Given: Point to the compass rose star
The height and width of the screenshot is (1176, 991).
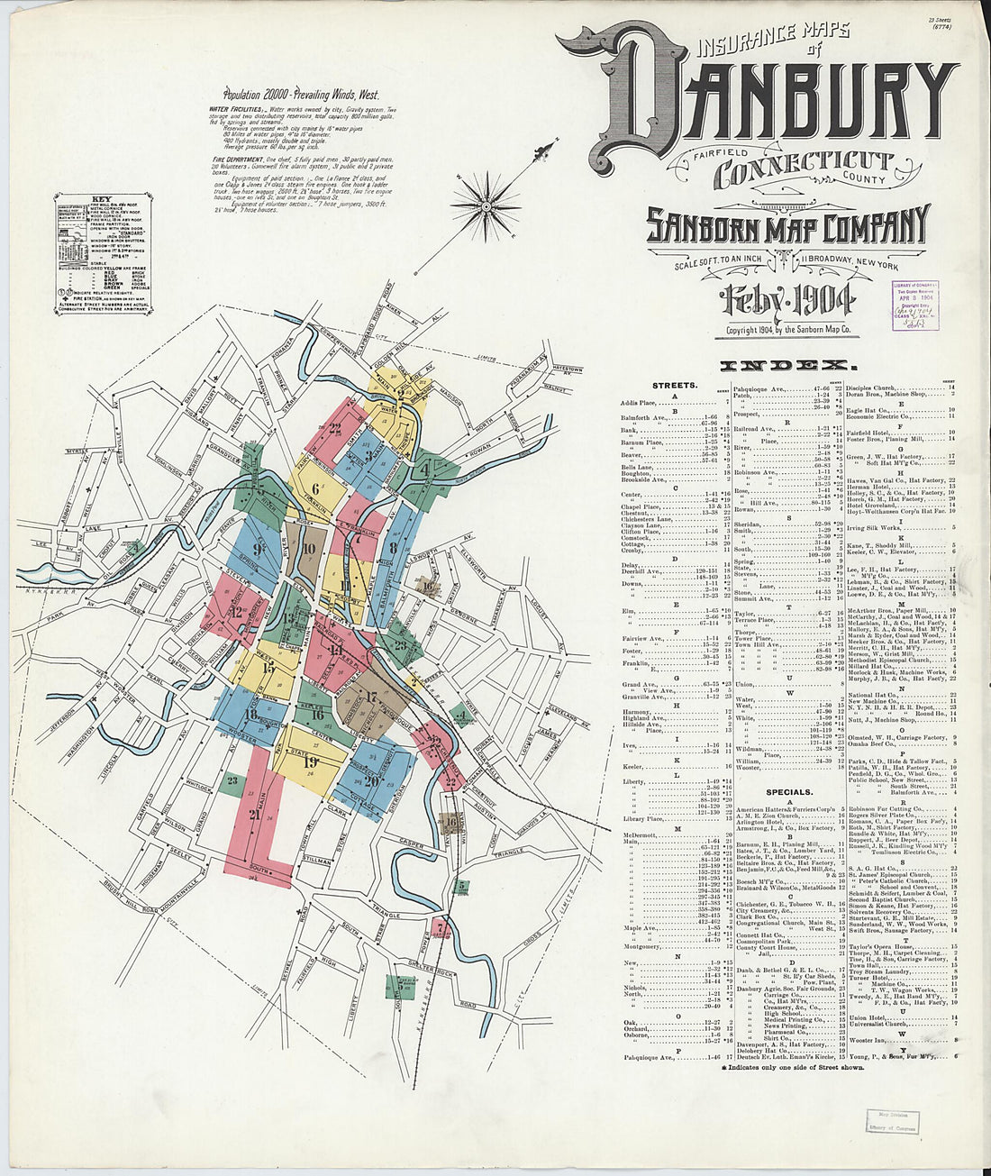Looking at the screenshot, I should [486, 206].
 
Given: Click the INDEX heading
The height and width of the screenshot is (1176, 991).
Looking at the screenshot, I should [788, 366].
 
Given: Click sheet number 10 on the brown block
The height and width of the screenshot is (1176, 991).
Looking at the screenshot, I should [309, 548].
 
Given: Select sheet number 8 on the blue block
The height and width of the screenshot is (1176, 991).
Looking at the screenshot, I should [394, 546].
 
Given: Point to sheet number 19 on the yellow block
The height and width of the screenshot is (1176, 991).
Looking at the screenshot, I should [311, 762].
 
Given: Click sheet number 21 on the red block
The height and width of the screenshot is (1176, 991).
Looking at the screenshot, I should [255, 815].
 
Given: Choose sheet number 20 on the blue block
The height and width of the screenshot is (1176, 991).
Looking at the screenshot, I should [371, 780].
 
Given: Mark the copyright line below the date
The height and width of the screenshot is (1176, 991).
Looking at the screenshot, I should [787, 331].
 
